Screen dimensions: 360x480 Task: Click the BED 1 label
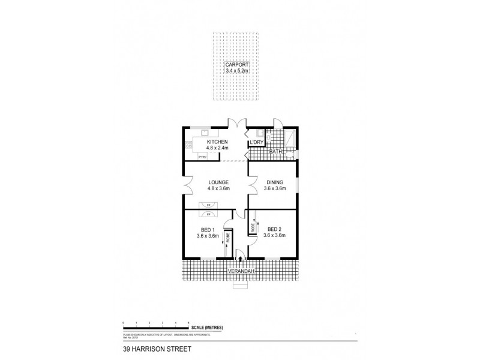click(206, 229)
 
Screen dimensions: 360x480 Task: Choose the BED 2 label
click(274, 229)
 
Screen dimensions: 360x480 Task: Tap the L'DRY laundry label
click(265, 142)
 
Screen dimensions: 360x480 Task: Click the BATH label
click(276, 152)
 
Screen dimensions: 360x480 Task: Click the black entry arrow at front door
click(241, 259)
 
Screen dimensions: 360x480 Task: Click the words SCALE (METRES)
click(208, 327)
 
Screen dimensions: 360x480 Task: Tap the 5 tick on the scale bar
click(189, 323)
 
